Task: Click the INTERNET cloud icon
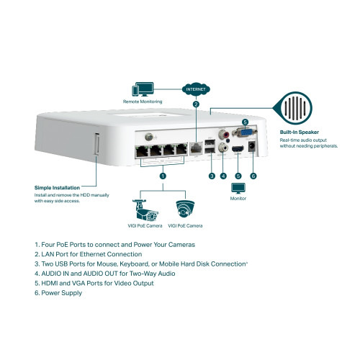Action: [196, 90]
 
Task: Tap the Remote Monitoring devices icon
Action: [142, 90]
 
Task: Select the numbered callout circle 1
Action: [163, 176]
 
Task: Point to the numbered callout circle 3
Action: [212, 176]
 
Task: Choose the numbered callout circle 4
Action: [223, 176]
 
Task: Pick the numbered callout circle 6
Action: [253, 176]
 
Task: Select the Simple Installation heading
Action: [58, 188]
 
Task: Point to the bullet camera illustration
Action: [146, 209]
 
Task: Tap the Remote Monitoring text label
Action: [142, 102]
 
